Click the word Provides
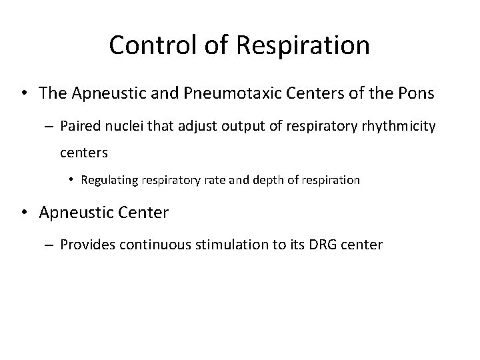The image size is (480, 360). point(87,245)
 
